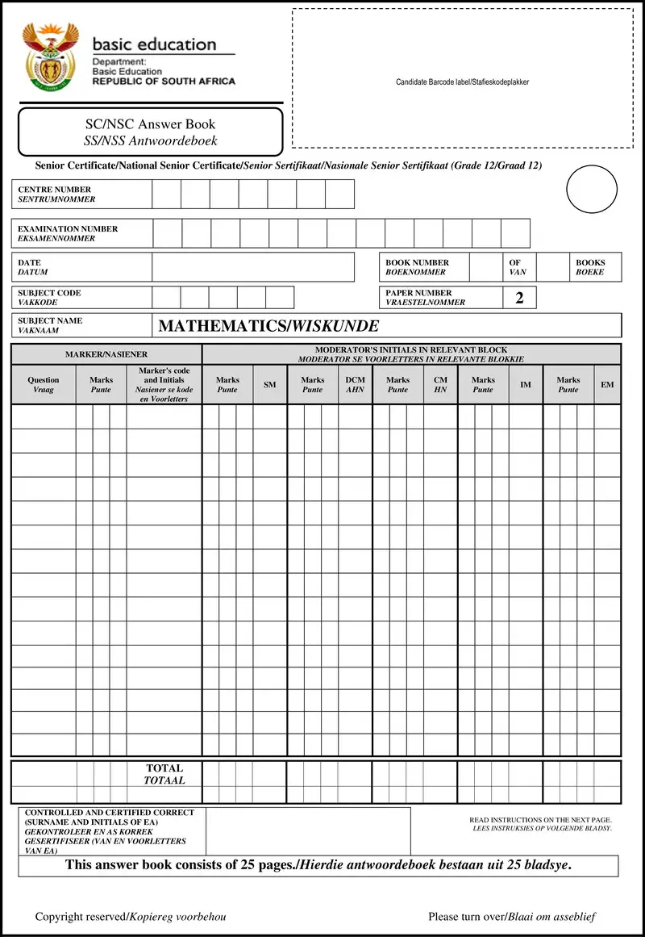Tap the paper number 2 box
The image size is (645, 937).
click(x=519, y=298)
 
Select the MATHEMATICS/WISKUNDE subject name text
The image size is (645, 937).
click(x=268, y=326)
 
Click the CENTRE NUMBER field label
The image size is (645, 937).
click(x=56, y=195)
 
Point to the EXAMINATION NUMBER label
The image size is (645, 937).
click(x=68, y=233)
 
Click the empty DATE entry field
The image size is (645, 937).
click(x=252, y=267)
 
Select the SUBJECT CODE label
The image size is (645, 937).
click(x=50, y=298)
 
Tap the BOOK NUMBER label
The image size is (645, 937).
click(x=417, y=267)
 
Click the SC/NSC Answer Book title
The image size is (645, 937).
click(x=151, y=132)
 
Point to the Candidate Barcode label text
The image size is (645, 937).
click(x=462, y=82)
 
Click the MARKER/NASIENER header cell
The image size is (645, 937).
click(x=106, y=354)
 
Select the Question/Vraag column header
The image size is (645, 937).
click(x=44, y=385)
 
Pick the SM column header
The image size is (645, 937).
click(x=269, y=385)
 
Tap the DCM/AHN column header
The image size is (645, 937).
click(x=355, y=385)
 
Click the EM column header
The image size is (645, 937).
click(x=607, y=385)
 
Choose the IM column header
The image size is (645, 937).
click(x=526, y=385)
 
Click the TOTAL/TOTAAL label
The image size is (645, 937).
click(x=164, y=774)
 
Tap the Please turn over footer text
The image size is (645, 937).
click(x=512, y=917)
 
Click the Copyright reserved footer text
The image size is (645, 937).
click(x=131, y=917)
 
